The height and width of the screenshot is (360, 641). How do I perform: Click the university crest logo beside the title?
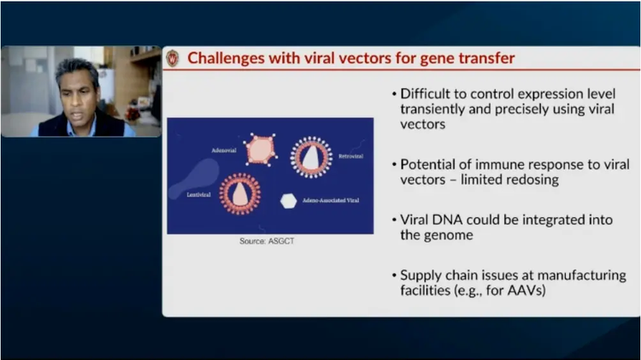coord(173,58)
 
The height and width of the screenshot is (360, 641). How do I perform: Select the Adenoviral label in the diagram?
coord(224,150)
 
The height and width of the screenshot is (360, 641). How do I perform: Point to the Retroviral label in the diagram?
coord(350,156)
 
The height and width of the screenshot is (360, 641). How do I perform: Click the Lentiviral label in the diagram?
coord(198,195)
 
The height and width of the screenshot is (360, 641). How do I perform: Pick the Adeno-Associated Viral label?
coord(331,200)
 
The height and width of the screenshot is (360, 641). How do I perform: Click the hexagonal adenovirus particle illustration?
coord(261,150)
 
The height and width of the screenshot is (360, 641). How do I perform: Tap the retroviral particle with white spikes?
coord(311,157)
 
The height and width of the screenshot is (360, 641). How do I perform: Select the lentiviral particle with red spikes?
coord(240,194)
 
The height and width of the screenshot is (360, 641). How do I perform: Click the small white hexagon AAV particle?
coord(288,201)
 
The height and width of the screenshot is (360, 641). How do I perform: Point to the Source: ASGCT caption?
coord(267,241)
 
